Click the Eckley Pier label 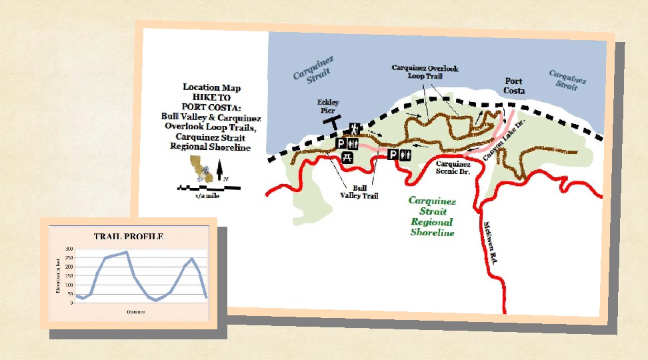point(327,107)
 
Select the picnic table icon point(347,157)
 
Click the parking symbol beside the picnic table point(340,144)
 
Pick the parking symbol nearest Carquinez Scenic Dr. point(393,155)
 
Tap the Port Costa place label point(514,86)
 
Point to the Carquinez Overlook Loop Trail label point(425,72)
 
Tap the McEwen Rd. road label point(491,242)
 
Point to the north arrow point(222,171)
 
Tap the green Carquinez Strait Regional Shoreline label point(431,217)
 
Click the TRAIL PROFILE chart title point(129,237)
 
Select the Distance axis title point(136,311)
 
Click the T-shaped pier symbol point(331,123)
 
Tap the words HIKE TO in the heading point(211,97)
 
